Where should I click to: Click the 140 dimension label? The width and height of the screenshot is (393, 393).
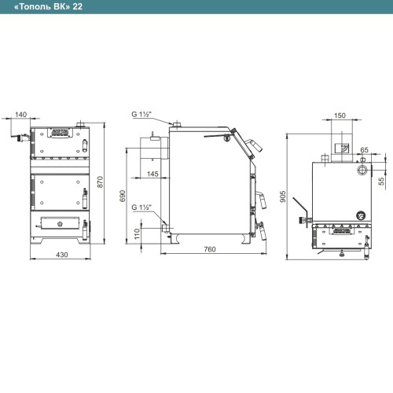pyautogui.click(x=20, y=115)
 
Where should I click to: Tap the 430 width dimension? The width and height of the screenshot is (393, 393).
pyautogui.click(x=62, y=255)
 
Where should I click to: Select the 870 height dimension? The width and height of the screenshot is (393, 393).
pyautogui.click(x=100, y=182)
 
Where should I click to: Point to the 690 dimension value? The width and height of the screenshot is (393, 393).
pyautogui.click(x=122, y=196)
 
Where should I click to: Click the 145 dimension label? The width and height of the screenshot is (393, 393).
pyautogui.click(x=152, y=174)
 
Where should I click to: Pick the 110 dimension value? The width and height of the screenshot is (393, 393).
pyautogui.click(x=137, y=234)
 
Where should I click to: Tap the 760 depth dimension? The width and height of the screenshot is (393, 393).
pyautogui.click(x=210, y=249)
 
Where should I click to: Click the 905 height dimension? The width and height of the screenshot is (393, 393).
pyautogui.click(x=283, y=196)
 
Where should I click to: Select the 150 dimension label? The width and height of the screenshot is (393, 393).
pyautogui.click(x=340, y=116)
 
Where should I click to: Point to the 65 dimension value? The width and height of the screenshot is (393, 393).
pyautogui.click(x=364, y=150)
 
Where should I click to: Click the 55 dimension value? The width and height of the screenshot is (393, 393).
pyautogui.click(x=382, y=182)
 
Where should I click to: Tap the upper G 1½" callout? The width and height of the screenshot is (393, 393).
pyautogui.click(x=141, y=114)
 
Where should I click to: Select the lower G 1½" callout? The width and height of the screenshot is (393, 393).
pyautogui.click(x=141, y=208)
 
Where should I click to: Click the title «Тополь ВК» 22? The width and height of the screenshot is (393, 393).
pyautogui.click(x=49, y=7)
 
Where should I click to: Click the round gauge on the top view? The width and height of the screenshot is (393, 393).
pyautogui.click(x=361, y=215)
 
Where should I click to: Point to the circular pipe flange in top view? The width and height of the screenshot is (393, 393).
pyautogui.click(x=363, y=169)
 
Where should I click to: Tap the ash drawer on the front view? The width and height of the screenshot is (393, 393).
pyautogui.click(x=61, y=223)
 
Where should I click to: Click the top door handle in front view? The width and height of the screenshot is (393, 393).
pyautogui.click(x=85, y=145)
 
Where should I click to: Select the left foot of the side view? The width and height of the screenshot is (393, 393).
pyautogui.click(x=174, y=239)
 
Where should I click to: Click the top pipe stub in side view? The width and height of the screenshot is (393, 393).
pyautogui.click(x=177, y=125)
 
